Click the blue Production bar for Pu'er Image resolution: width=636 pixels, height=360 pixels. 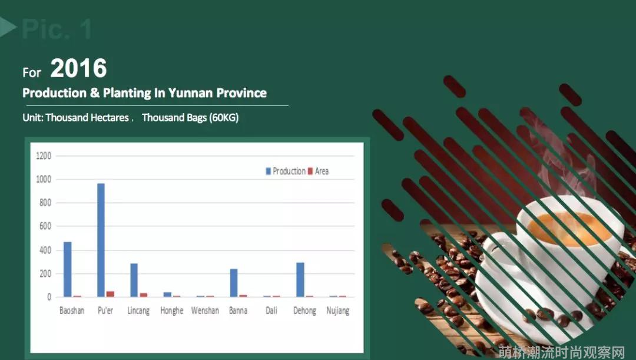tap(101, 240)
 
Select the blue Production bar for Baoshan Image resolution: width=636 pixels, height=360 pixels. tap(67, 269)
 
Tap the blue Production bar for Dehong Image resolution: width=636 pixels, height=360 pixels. tap(300, 280)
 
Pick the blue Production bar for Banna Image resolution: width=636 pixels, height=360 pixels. tap(234, 282)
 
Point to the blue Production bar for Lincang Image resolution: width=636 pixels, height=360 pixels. tap(134, 280)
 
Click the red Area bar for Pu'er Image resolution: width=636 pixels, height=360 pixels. tap(110, 294)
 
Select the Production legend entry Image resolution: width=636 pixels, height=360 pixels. tap(286, 171)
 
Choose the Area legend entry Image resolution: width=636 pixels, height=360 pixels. tap(319, 171)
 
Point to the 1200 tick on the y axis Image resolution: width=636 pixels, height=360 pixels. tap(44, 156)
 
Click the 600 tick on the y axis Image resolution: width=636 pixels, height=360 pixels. tap(45, 226)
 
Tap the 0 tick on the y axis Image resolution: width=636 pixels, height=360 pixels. tap(49, 297)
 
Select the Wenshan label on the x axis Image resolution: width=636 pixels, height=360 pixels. tap(205, 311)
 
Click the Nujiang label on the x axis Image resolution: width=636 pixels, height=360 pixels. tap(338, 311)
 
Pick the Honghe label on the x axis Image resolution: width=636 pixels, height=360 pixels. tap(171, 311)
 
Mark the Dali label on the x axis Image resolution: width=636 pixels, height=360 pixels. tap(271, 311)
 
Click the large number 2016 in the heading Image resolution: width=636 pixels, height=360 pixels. tap(79, 68)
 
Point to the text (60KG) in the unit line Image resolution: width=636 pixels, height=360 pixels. tap(224, 118)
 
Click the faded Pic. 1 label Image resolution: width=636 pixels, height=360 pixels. tap(57, 29)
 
